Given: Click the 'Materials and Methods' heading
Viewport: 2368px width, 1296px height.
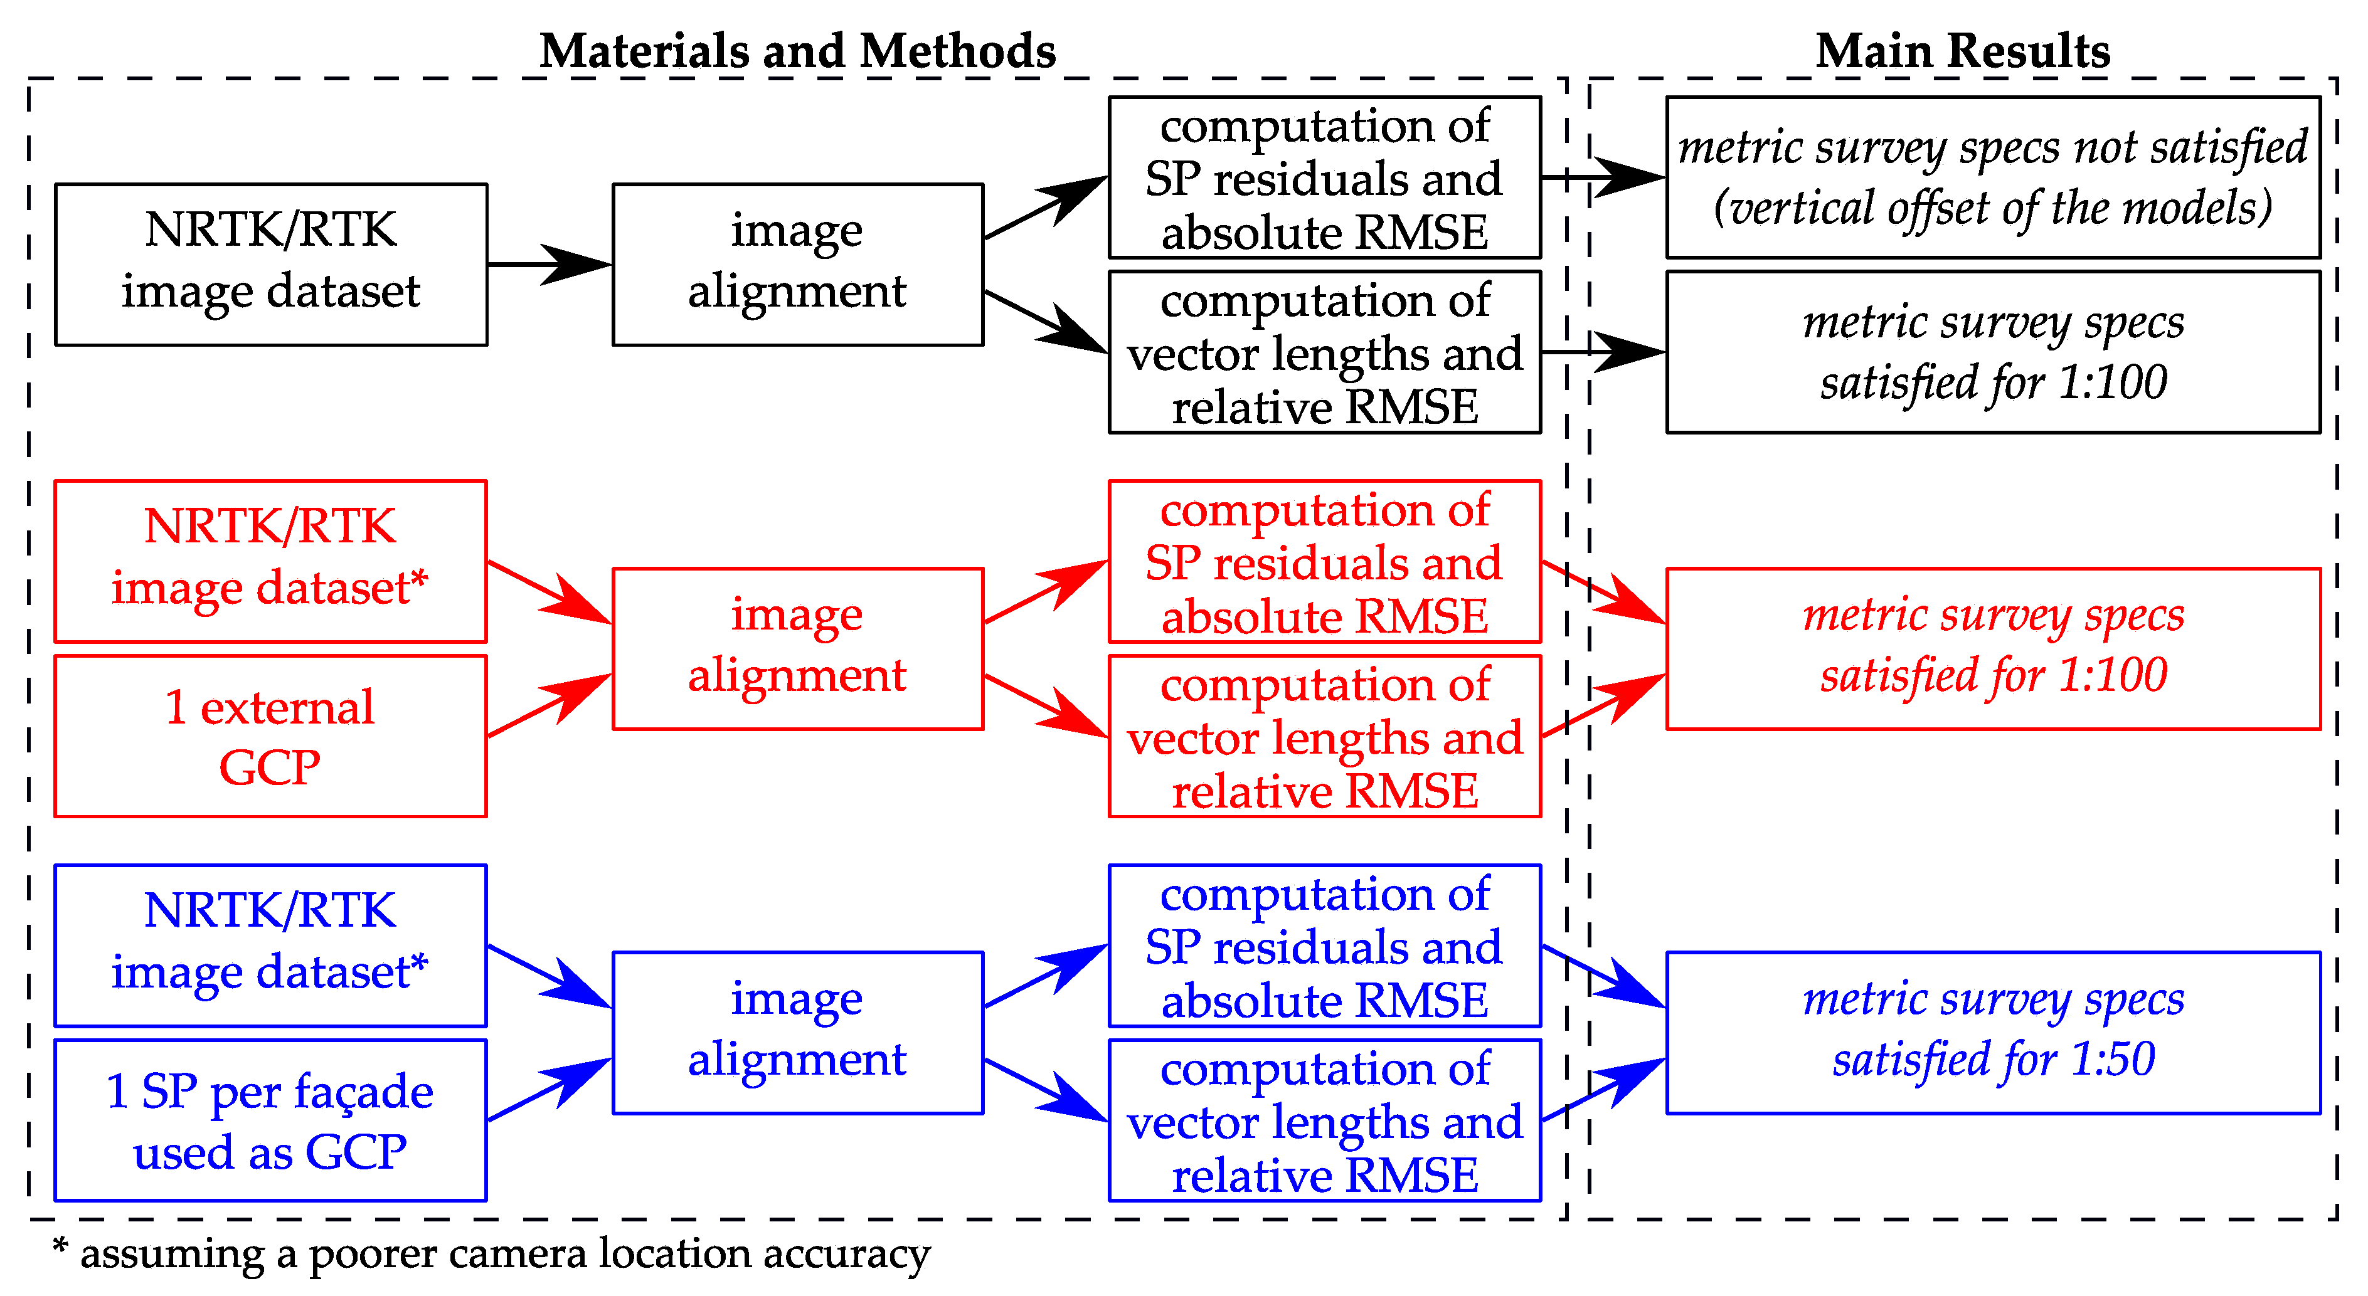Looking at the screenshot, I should pyautogui.click(x=797, y=51).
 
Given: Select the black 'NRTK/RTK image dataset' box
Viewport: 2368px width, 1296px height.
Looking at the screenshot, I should pyautogui.click(x=270, y=264).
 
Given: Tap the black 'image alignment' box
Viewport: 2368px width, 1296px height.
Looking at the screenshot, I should pyautogui.click(x=797, y=264).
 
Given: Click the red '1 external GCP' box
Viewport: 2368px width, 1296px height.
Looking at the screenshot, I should pyautogui.click(x=270, y=735).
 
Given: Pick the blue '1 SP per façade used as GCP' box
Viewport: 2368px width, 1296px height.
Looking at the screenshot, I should pyautogui.click(x=270, y=1120).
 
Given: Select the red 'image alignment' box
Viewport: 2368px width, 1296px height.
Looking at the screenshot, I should pyautogui.click(x=797, y=648).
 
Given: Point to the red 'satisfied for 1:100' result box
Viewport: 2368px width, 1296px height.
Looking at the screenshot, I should pyautogui.click(x=1992, y=648).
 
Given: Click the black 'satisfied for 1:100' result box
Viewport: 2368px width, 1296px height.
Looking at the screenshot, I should pyautogui.click(x=1992, y=351).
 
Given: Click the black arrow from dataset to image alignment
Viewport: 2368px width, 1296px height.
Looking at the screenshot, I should pyautogui.click(x=549, y=264).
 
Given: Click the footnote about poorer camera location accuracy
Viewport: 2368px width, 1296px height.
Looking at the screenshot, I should pyautogui.click(x=492, y=1254).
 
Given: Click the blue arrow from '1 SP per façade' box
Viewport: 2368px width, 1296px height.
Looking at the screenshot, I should pyautogui.click(x=549, y=1090).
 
